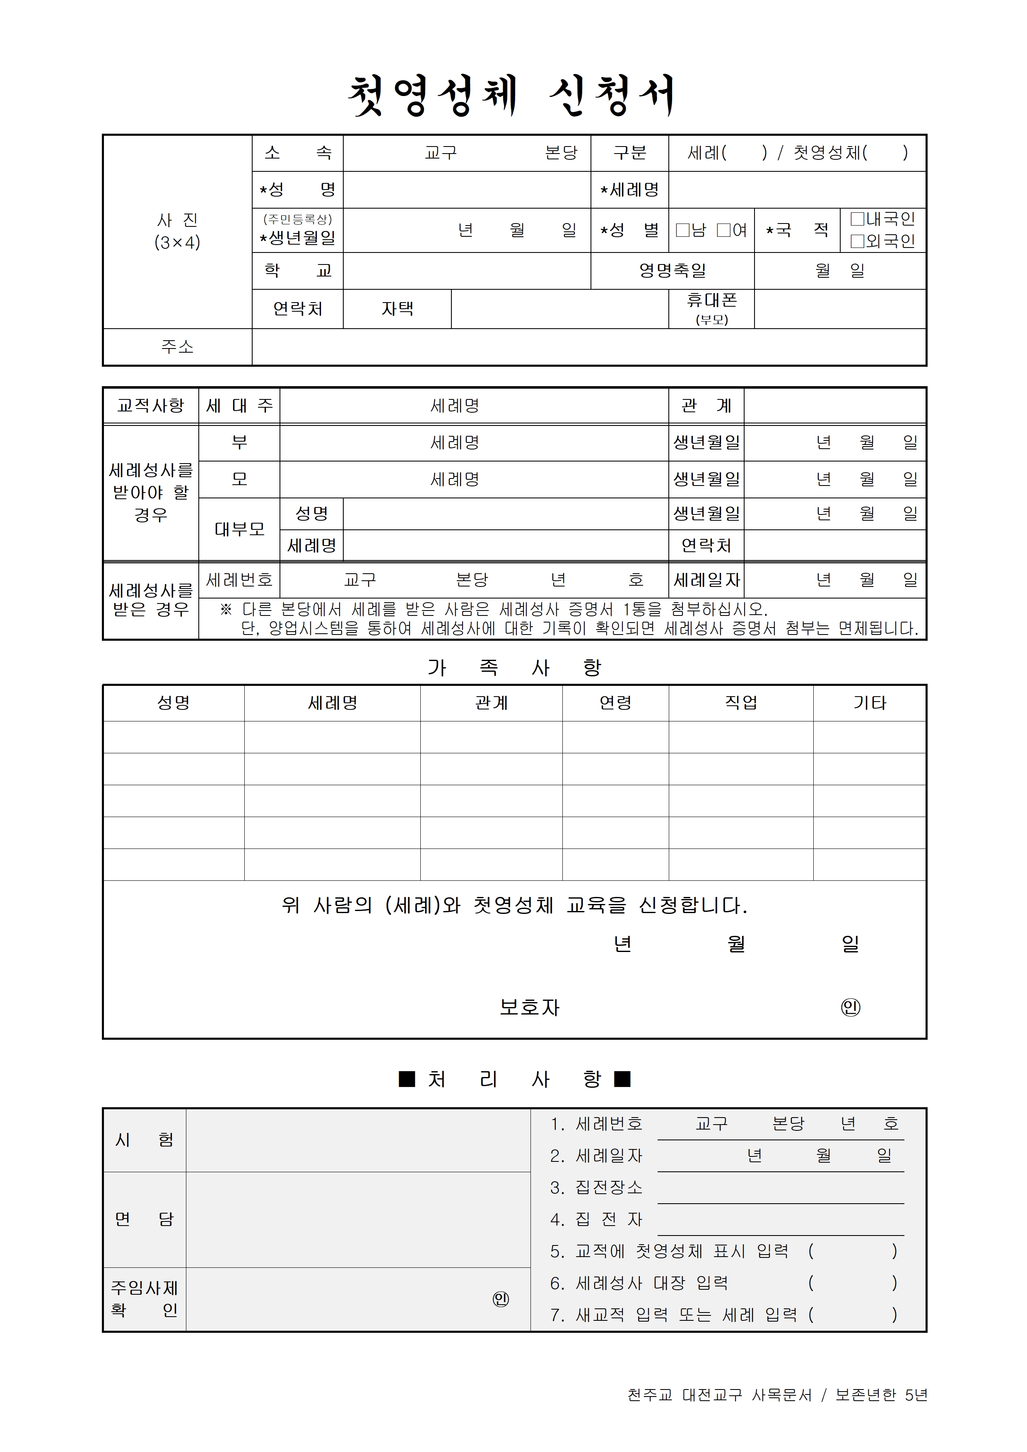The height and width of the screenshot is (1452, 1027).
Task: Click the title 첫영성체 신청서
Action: coord(513,96)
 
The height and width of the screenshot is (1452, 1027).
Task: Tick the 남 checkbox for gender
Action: coord(682,230)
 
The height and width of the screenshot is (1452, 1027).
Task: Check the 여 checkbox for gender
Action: coord(723,230)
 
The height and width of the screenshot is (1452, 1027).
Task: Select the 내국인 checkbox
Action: coord(857,219)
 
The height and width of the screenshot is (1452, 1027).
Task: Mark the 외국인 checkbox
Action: coord(857,241)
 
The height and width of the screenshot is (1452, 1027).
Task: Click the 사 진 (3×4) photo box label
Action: coord(177,231)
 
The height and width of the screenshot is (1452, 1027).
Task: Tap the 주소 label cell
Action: coord(177,346)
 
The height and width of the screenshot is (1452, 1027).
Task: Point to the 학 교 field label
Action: coord(297,271)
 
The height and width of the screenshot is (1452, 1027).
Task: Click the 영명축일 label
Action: coord(672,271)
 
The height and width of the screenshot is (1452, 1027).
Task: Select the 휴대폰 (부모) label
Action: coord(711,309)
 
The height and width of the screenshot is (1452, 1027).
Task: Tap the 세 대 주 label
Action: coord(239,405)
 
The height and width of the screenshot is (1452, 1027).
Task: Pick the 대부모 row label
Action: coord(239,529)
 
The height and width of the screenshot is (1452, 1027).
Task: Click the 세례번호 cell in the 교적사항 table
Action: coord(239,579)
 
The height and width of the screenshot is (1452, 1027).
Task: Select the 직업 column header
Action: coord(740,702)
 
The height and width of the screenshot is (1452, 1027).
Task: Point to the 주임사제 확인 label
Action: coord(144,1298)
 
